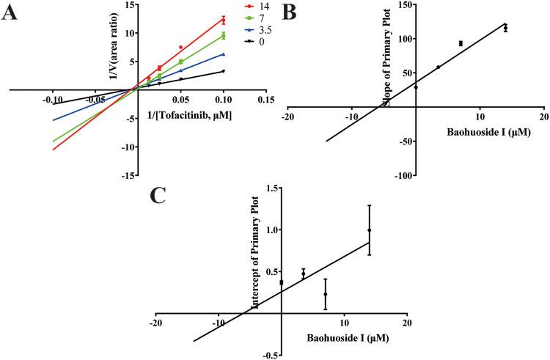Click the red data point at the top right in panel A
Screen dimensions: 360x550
[224, 20]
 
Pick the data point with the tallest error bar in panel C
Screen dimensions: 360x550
[370, 230]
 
